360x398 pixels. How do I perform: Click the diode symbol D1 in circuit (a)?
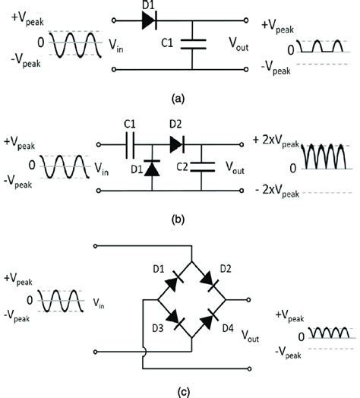[149, 21]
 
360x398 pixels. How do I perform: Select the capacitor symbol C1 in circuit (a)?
[197, 45]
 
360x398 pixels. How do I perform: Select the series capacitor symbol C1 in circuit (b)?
[129, 142]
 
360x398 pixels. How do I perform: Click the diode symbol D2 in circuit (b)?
[177, 142]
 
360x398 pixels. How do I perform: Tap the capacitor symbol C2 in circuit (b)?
[201, 166]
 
